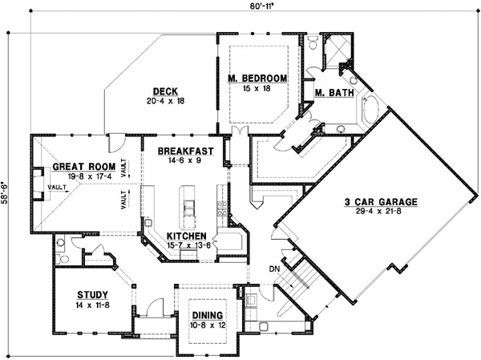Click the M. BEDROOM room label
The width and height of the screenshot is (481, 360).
coord(257,78)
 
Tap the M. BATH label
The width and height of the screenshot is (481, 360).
coord(331,94)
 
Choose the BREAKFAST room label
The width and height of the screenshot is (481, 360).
coord(184,151)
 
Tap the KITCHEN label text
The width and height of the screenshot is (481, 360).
coord(188,235)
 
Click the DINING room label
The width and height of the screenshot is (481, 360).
coord(207,315)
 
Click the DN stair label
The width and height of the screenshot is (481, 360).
coord(273,269)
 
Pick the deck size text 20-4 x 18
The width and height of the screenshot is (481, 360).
coord(166,101)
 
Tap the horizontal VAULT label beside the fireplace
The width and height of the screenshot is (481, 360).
coord(56,187)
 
